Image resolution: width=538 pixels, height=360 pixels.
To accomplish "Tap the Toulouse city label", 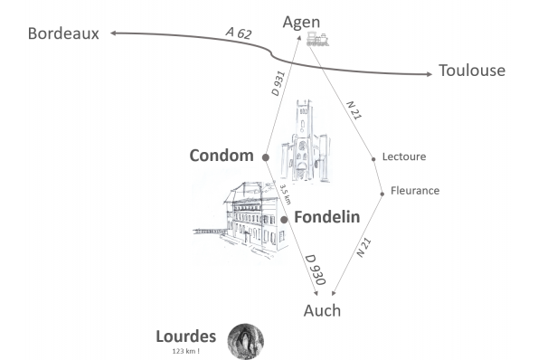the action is (x=471, y=71).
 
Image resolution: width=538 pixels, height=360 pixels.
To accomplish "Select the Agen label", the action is (x=302, y=22).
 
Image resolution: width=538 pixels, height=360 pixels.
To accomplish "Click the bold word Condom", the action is (x=222, y=156).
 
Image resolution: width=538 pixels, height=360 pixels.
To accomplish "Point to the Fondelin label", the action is (x=327, y=217).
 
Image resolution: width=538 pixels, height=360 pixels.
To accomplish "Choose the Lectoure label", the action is (x=404, y=156).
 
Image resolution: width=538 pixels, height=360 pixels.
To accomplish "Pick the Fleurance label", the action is (x=414, y=190).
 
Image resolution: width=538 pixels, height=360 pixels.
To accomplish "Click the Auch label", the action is (x=322, y=310).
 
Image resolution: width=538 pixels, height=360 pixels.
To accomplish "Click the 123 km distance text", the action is (x=187, y=350).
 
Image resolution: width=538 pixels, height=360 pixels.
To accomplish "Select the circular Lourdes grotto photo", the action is (x=245, y=341).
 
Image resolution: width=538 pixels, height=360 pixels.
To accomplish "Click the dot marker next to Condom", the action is (x=265, y=157).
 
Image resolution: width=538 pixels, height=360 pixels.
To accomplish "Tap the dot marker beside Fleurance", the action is (x=382, y=191).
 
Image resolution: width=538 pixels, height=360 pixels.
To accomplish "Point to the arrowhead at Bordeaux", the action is (x=114, y=33).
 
